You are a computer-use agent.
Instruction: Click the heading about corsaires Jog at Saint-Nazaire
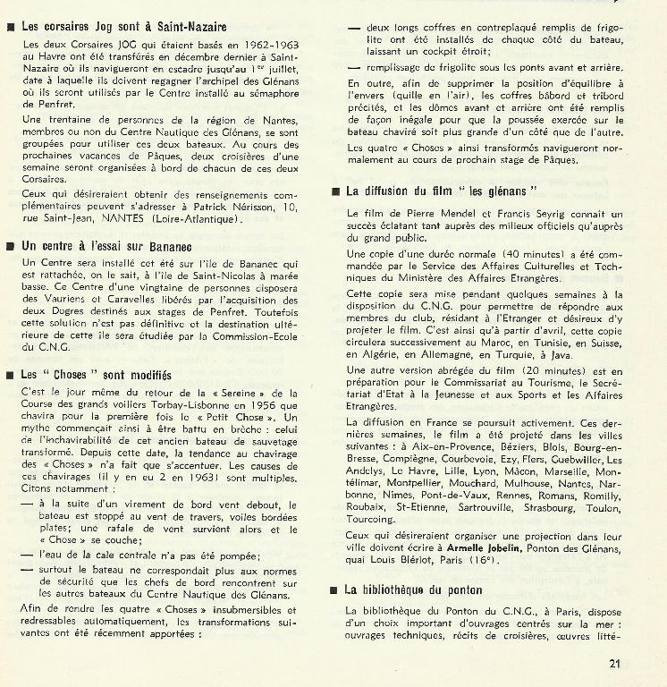[123, 28]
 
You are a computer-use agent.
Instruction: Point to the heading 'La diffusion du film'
[441, 191]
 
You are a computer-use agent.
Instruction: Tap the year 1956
[254, 404]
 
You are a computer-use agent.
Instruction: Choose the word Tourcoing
[371, 519]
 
